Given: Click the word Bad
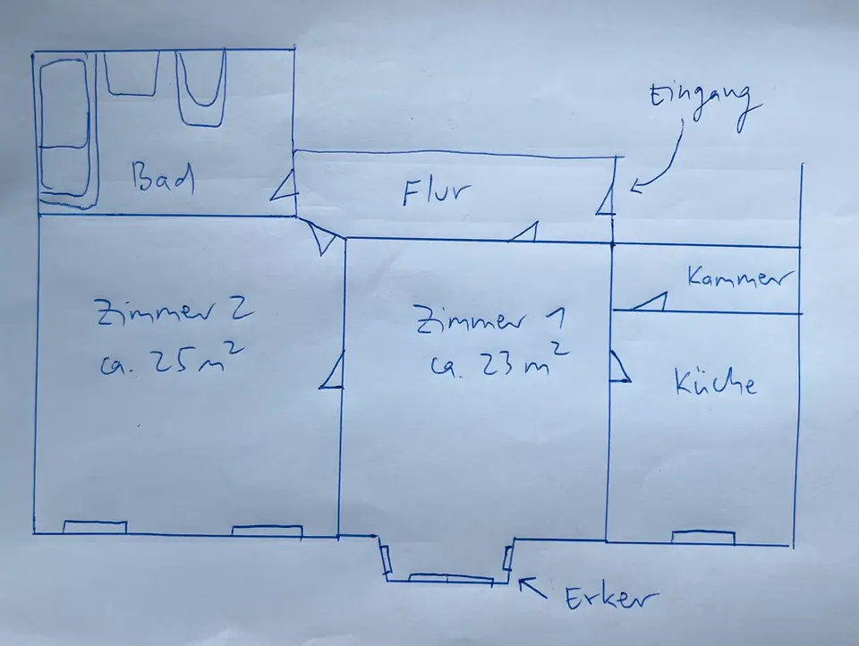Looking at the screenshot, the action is [163, 179].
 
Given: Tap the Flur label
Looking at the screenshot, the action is [436, 191].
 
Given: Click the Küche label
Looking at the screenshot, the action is [715, 382].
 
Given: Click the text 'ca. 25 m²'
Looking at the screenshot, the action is [171, 360].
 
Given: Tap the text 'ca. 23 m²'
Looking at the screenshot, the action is [497, 361].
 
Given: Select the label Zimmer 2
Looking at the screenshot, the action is [174, 312].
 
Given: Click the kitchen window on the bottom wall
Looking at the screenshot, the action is [703, 538].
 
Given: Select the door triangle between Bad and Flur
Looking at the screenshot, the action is [285, 186].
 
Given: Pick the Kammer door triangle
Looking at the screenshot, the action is [650, 302].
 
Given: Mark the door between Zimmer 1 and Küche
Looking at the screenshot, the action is [619, 366].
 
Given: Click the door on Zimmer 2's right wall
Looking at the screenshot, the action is [331, 372].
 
